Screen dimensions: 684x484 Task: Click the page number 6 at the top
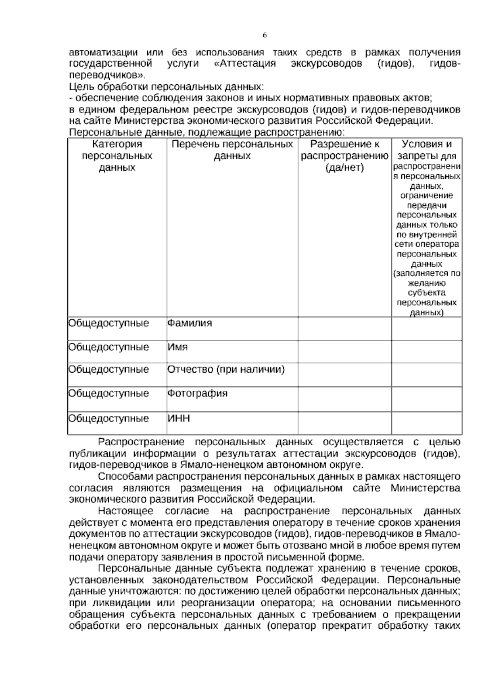coord(265,35)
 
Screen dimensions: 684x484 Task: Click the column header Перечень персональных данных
coord(232,150)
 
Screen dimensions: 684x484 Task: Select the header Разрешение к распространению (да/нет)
coord(344,156)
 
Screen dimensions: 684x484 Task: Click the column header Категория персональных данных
coord(117,156)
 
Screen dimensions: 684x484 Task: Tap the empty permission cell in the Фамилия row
coord(344,328)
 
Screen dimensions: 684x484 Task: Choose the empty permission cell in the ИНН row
coord(344,423)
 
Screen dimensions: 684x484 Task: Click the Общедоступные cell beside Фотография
coord(108,393)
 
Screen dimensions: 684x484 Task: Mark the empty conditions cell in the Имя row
coord(427,352)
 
